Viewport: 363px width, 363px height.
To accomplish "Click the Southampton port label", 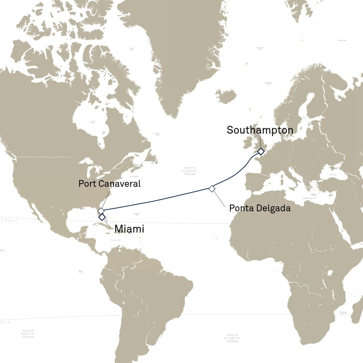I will point(260,130).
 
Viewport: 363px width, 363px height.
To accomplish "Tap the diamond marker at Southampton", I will point(261,152).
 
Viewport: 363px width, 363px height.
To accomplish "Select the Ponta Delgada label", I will point(260,208).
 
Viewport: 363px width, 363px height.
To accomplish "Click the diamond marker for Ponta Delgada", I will point(212,189).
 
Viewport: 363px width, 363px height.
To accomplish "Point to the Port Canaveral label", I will point(110,184).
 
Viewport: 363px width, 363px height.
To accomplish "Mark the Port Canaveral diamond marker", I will point(101,211).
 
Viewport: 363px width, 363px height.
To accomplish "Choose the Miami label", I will point(129,229).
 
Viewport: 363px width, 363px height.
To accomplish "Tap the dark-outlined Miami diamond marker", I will point(102,217).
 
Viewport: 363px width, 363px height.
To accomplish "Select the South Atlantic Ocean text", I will point(233,338).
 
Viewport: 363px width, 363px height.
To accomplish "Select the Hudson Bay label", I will point(93,122).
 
